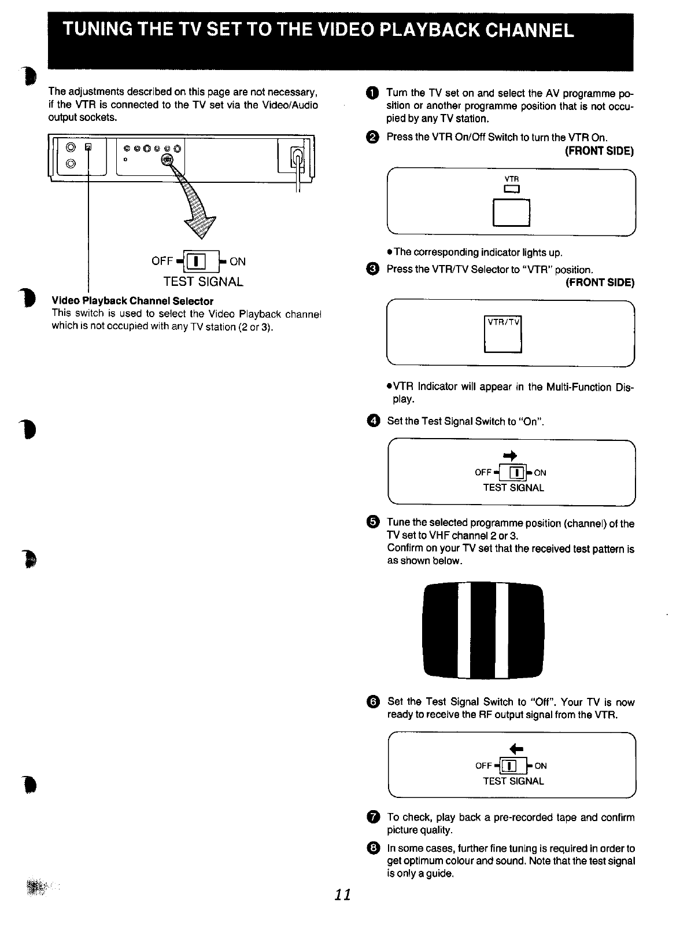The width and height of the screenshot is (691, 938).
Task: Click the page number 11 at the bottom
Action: pos(342,894)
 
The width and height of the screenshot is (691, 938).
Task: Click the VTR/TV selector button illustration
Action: pos(502,334)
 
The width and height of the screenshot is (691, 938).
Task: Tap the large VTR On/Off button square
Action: pos(511,212)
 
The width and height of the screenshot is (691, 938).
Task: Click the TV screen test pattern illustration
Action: pos(483,631)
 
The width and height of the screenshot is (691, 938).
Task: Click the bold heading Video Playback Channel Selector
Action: pos(132,301)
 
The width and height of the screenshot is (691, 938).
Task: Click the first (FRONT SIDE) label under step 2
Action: pos(599,151)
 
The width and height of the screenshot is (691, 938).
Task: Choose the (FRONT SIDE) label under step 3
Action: pos(599,282)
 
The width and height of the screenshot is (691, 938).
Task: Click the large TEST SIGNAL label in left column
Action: pos(202,282)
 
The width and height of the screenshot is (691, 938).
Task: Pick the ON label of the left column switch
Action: pos(238,262)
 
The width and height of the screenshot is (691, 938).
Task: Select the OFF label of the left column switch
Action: pos(162,262)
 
